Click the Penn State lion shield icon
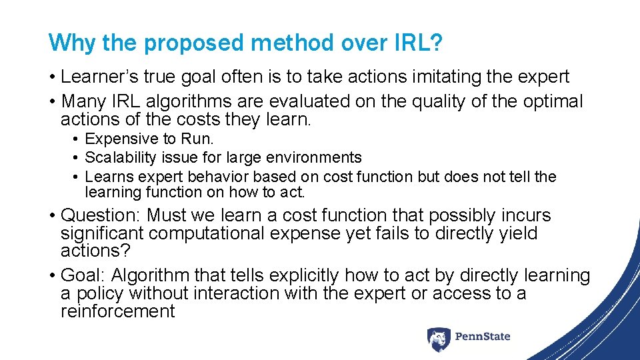click(438, 338)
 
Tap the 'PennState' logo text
click(483, 337)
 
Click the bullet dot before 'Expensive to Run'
click(77, 139)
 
